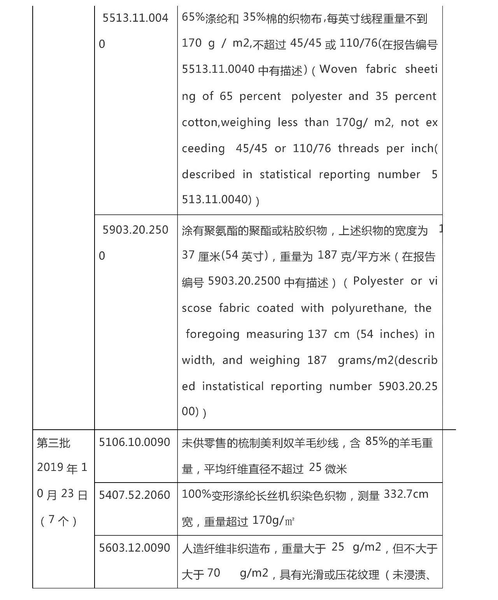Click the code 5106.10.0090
coord(135,442)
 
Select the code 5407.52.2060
coord(135,495)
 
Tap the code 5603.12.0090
coord(135,548)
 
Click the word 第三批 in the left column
coord(53,443)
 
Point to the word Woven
coord(338,69)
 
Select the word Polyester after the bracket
coord(378,281)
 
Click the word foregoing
coord(212,334)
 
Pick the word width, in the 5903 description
coord(198,360)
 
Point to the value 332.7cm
coord(406,494)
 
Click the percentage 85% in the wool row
coord(377,441)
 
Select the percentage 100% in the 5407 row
coord(196,494)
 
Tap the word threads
coord(358,149)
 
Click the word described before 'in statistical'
coord(208,174)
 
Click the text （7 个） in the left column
coord(58,520)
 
